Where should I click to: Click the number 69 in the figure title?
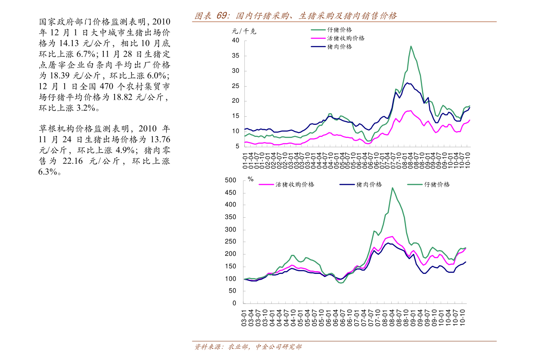[x=221, y=16]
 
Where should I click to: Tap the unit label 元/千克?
[x=244, y=31]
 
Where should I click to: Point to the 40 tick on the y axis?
[x=235, y=40]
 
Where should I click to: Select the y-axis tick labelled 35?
[x=235, y=56]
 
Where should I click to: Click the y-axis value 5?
[x=237, y=146]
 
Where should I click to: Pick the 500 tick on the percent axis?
[x=230, y=180]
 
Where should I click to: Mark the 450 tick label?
[x=230, y=193]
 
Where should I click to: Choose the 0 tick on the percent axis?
[x=234, y=303]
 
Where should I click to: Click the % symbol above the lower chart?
[x=251, y=180]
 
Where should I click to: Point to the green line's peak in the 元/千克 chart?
[x=411, y=46]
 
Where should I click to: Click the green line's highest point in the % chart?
[x=392, y=188]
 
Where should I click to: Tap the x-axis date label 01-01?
[x=246, y=161]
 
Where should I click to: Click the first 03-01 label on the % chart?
[x=244, y=318]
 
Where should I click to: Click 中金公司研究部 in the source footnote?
[x=278, y=347]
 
